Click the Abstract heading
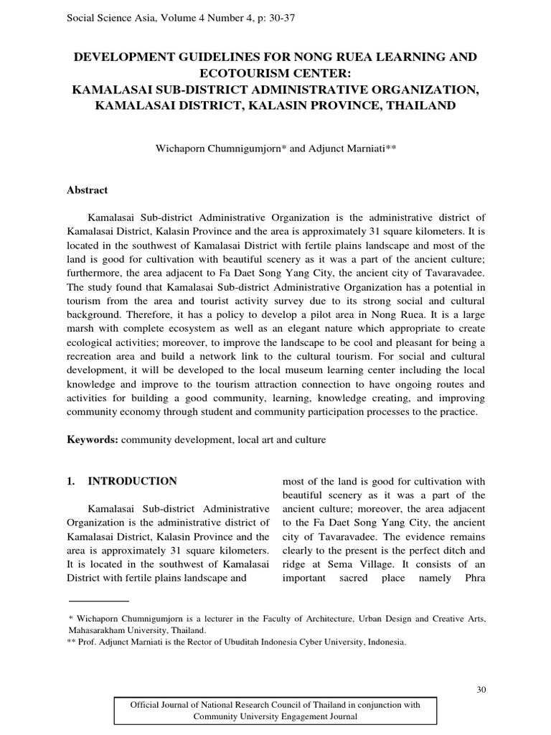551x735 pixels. tap(87, 190)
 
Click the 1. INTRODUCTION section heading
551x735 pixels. tap(121, 481)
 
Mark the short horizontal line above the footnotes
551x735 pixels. tap(98, 600)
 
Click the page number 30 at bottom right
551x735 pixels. tap(481, 690)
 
